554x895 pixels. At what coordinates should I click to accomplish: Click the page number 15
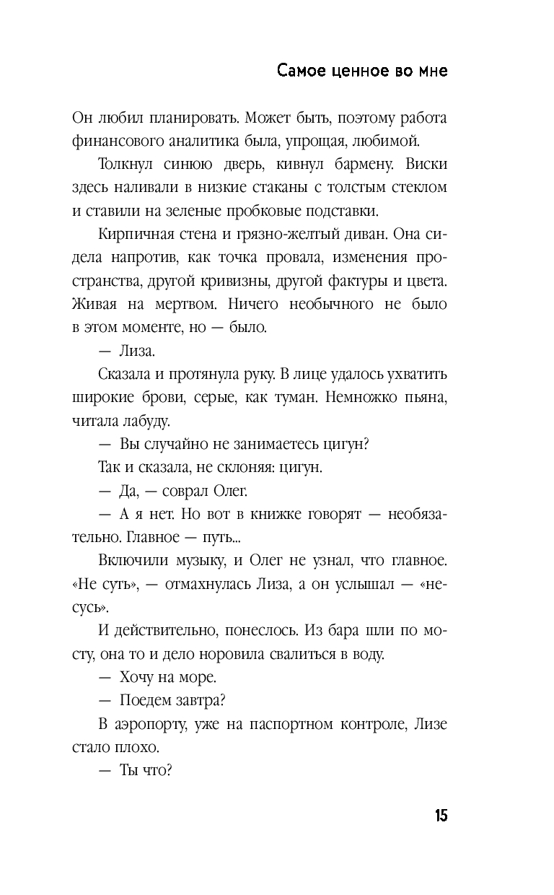click(441, 816)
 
